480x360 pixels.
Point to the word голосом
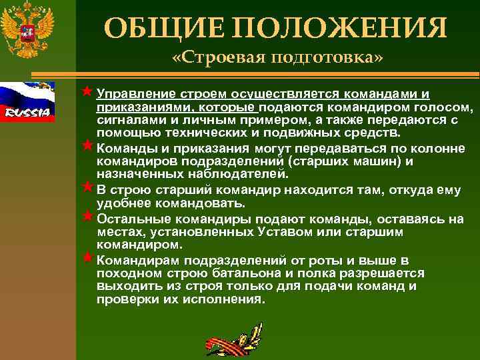(439, 107)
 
